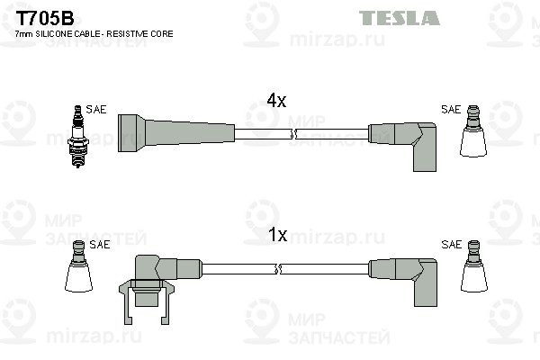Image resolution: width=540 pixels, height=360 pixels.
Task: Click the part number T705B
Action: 45,18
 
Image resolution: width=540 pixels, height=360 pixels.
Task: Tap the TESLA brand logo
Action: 399,18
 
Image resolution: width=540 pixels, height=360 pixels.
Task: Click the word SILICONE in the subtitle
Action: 53,34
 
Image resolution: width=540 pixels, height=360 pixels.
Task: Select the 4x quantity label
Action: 276,101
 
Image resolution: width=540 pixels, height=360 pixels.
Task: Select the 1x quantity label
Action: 277,235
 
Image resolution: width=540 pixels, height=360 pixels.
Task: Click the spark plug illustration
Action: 78,137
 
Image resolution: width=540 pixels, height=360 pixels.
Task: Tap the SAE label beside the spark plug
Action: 96,110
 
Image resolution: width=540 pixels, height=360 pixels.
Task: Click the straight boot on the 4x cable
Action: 176,133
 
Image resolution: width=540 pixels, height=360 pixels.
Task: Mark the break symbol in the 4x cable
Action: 292,134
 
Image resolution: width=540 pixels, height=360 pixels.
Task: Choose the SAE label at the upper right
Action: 451,110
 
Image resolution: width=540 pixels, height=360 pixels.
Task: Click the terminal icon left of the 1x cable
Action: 79,266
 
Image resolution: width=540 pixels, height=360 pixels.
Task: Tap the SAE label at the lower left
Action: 100,244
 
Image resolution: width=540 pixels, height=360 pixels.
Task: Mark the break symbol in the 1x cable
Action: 278,269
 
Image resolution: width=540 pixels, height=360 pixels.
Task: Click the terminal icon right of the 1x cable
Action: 474,266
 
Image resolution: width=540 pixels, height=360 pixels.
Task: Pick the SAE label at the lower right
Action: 451,244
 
